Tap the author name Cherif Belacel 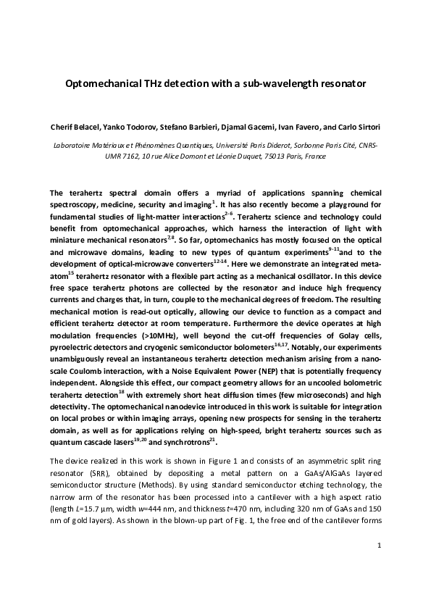tap(75, 128)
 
